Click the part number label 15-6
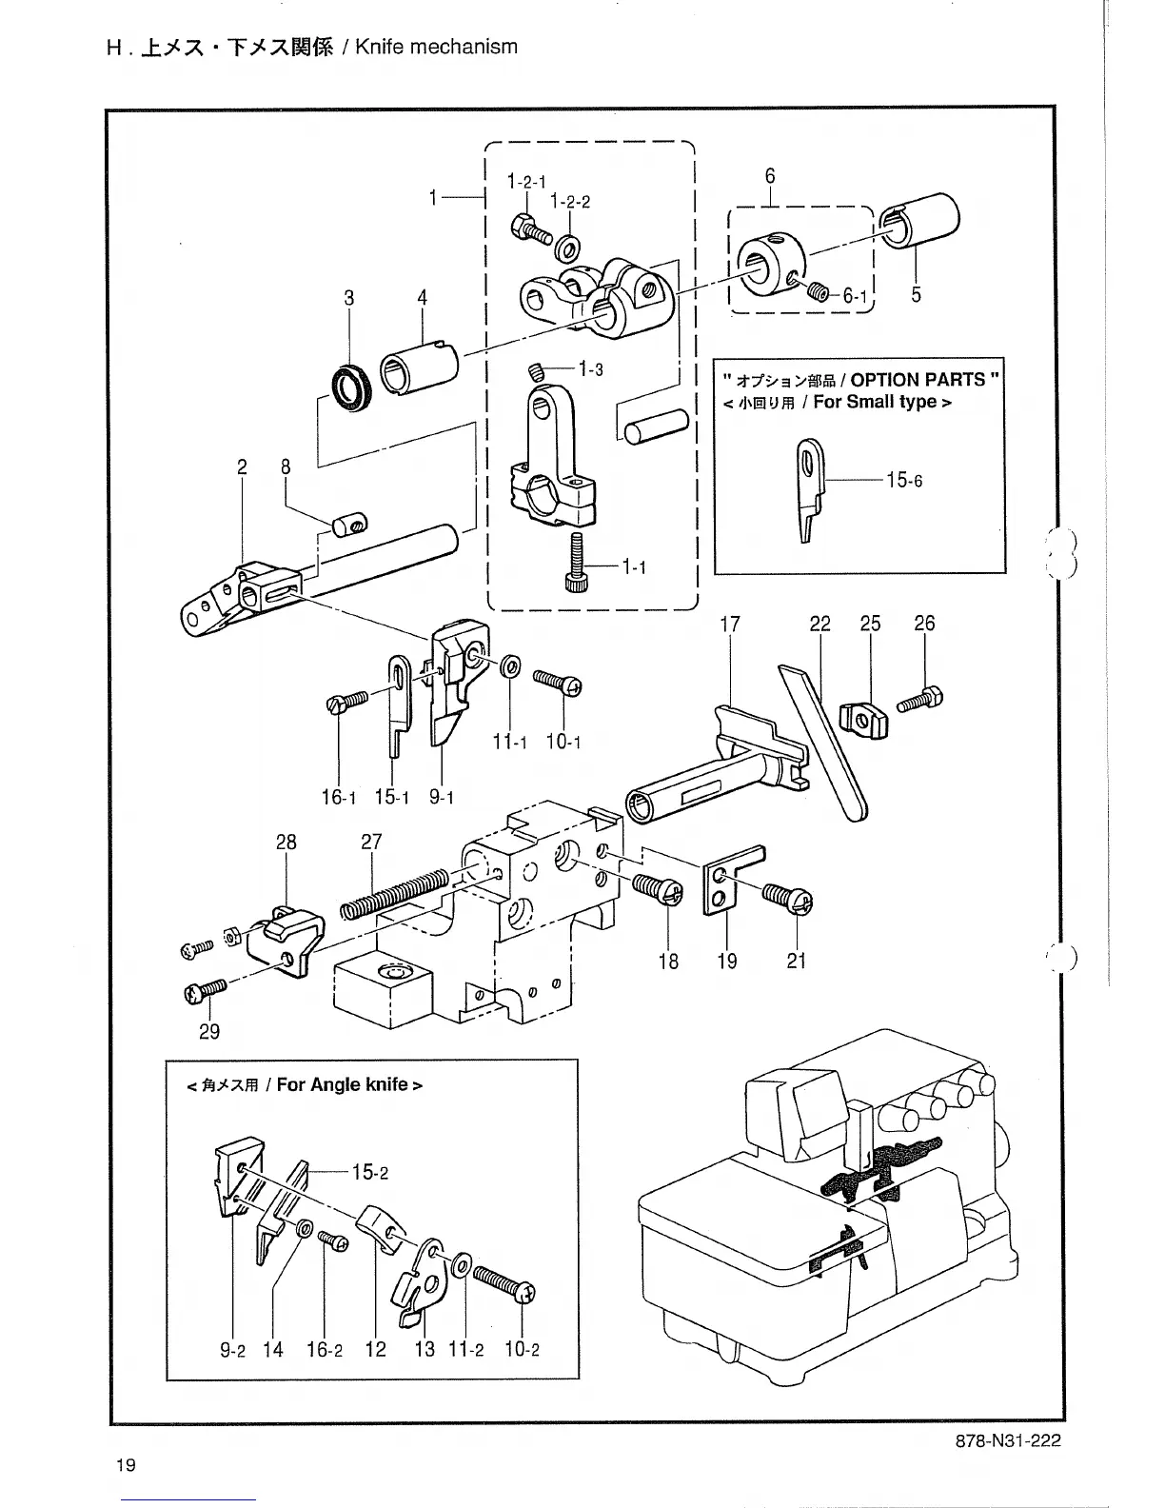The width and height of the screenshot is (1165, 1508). click(x=903, y=480)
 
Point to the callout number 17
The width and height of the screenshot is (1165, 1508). click(x=730, y=625)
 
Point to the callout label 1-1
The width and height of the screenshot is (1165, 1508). click(x=634, y=567)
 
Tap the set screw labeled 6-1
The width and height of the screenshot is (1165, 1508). click(x=817, y=292)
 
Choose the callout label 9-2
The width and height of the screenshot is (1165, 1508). click(x=233, y=1349)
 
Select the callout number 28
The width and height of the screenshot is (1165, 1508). click(x=286, y=843)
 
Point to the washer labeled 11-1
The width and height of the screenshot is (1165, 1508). click(x=509, y=666)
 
